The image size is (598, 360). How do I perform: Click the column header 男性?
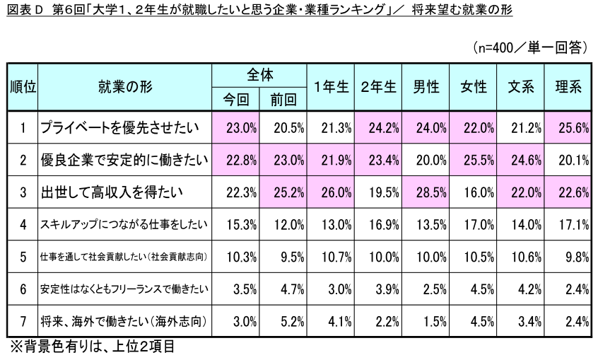(426, 87)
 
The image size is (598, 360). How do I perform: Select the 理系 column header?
(568, 87)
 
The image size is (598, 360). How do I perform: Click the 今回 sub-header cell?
(235, 99)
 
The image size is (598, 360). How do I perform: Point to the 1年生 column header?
(331, 87)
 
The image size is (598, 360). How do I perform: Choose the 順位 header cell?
(23, 87)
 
